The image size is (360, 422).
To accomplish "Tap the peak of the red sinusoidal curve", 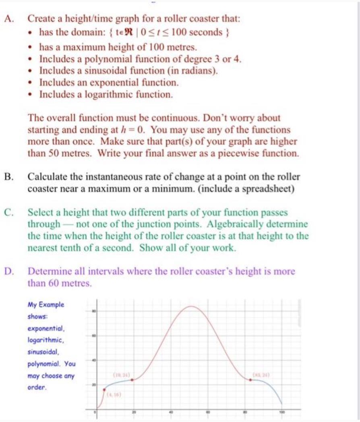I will (192, 306).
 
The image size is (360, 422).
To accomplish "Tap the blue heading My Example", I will (46, 304).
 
